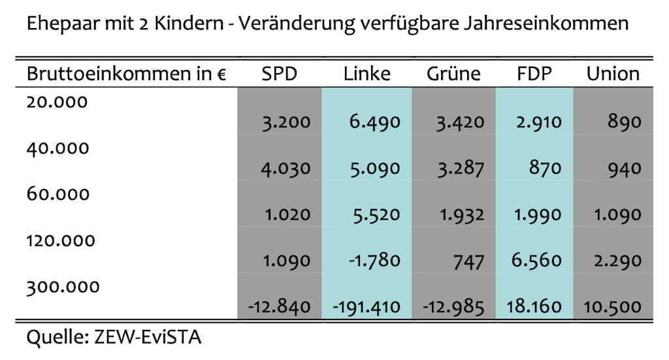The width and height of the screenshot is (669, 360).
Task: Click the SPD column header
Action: click(279, 74)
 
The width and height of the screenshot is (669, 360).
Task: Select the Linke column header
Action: click(367, 74)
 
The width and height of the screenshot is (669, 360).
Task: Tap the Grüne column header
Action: click(453, 74)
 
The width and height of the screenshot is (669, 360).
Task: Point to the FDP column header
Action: click(534, 74)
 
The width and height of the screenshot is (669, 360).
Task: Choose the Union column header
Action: click(613, 74)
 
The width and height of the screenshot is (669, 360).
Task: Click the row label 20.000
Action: click(57, 102)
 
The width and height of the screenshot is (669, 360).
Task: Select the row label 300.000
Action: click(63, 286)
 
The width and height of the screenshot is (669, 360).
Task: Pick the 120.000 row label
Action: click(61, 240)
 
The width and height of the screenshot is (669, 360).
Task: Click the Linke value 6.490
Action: click(374, 122)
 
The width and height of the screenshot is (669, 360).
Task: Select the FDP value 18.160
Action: click(534, 307)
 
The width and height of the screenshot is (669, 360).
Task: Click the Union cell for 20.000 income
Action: click(624, 122)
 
